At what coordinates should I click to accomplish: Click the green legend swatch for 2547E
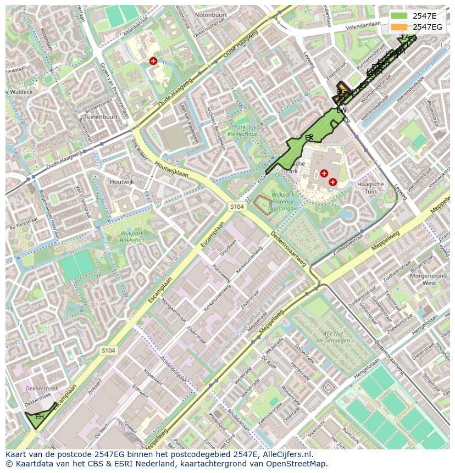399,15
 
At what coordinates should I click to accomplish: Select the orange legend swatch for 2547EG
399,27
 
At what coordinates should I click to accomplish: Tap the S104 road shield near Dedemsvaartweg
237,206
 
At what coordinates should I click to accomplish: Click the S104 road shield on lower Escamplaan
108,350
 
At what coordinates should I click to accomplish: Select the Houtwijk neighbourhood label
121,182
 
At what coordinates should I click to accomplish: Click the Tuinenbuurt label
102,117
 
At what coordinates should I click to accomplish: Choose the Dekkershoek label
41,388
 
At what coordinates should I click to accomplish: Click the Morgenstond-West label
422,279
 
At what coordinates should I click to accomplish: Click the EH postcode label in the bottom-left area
40,418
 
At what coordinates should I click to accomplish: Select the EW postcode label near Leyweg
341,110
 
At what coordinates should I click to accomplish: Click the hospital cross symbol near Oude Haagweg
153,61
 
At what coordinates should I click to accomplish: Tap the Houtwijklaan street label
171,166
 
